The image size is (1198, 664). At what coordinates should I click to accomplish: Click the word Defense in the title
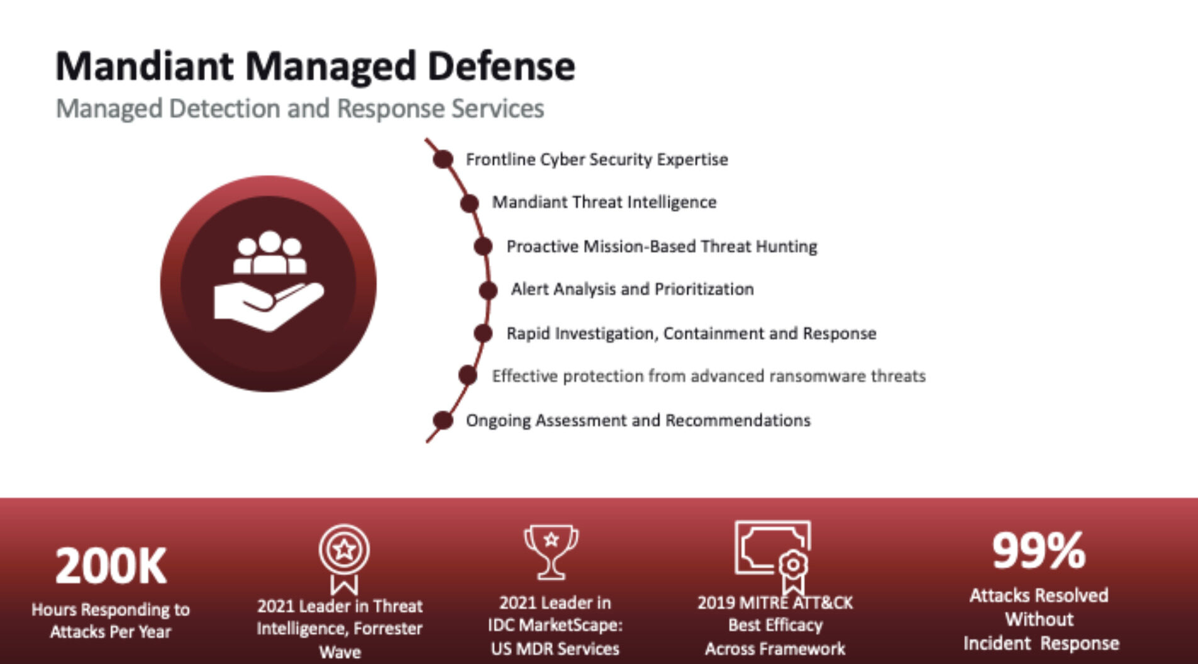coord(501,66)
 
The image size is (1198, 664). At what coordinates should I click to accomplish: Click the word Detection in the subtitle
coord(223,108)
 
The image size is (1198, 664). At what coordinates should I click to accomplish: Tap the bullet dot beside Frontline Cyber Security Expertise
coord(443,159)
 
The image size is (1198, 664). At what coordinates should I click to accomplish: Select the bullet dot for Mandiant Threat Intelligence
coord(470,203)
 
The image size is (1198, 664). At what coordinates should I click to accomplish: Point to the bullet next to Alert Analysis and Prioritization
coord(488,290)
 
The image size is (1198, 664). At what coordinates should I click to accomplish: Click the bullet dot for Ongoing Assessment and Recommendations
coord(443,420)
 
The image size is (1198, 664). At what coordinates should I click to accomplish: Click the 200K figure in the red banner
coord(111,566)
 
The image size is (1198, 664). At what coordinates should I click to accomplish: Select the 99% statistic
coord(1039,551)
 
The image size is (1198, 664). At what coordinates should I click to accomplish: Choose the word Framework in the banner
coord(807,648)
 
